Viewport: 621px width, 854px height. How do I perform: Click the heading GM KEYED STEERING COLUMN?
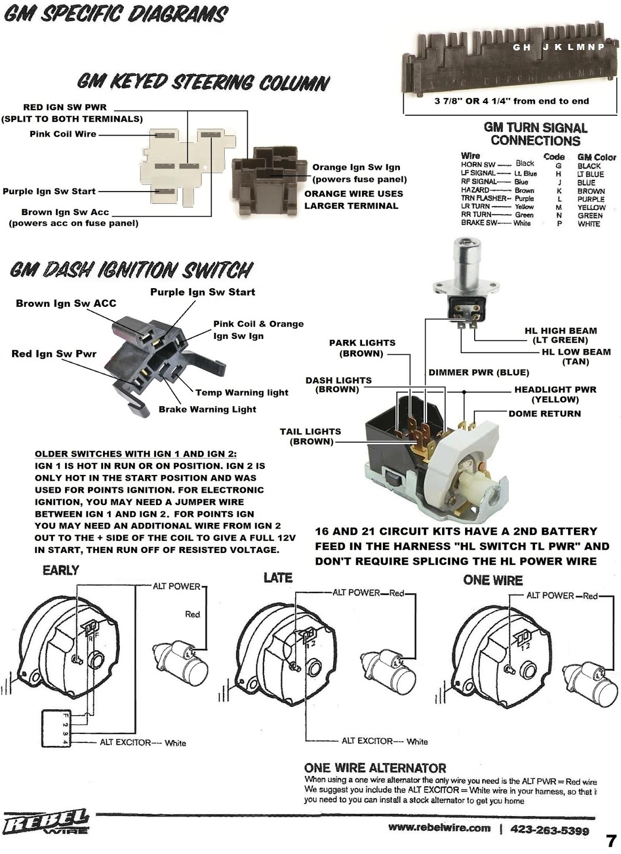(x=203, y=83)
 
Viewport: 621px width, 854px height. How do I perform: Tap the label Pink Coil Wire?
(x=63, y=134)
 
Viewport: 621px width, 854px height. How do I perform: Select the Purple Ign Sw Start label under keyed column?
(x=49, y=191)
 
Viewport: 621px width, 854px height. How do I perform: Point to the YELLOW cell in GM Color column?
(x=591, y=207)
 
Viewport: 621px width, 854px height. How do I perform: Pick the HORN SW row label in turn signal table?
(x=478, y=165)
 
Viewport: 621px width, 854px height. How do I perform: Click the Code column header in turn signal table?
(x=554, y=157)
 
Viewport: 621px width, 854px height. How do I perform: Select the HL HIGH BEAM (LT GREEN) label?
(x=560, y=335)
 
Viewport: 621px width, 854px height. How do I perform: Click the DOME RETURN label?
(x=544, y=413)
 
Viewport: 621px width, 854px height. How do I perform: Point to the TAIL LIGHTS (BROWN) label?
(x=310, y=436)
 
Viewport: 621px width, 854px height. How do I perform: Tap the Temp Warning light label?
(x=241, y=392)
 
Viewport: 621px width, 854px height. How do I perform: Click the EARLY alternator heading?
(x=60, y=571)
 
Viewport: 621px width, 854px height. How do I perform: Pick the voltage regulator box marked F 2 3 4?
(x=56, y=729)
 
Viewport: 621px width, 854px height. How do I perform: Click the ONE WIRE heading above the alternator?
(x=492, y=580)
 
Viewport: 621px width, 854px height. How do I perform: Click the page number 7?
(x=611, y=841)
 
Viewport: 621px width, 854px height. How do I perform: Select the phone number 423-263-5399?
(x=549, y=830)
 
